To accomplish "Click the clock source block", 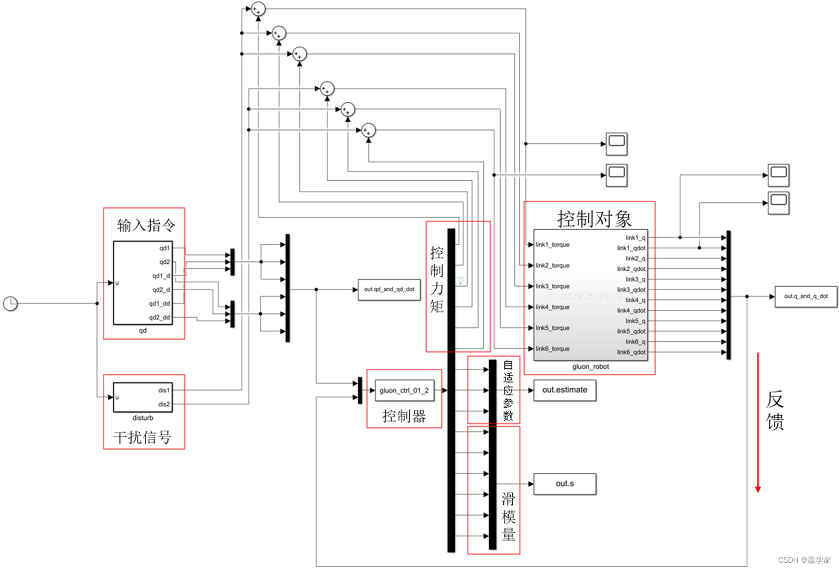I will (11, 303).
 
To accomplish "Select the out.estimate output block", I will (564, 390).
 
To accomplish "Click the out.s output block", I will (564, 484).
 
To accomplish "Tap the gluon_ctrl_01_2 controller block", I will (404, 390).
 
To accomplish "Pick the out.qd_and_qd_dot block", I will (389, 289).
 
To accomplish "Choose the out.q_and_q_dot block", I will (805, 297).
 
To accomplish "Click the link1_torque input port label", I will (552, 244).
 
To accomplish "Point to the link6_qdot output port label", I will (631, 352).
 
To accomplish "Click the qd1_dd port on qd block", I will (159, 303).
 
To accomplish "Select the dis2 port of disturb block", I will (164, 404).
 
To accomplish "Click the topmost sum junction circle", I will (258, 9).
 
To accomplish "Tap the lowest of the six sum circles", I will (368, 130).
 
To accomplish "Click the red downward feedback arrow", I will (758, 421).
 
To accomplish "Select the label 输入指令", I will (145, 225).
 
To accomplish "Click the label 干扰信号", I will (142, 437).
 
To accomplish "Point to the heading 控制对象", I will (594, 219).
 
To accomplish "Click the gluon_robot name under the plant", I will (590, 367).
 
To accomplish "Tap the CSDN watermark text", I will (804, 560).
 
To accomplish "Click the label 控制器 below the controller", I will (404, 416).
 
